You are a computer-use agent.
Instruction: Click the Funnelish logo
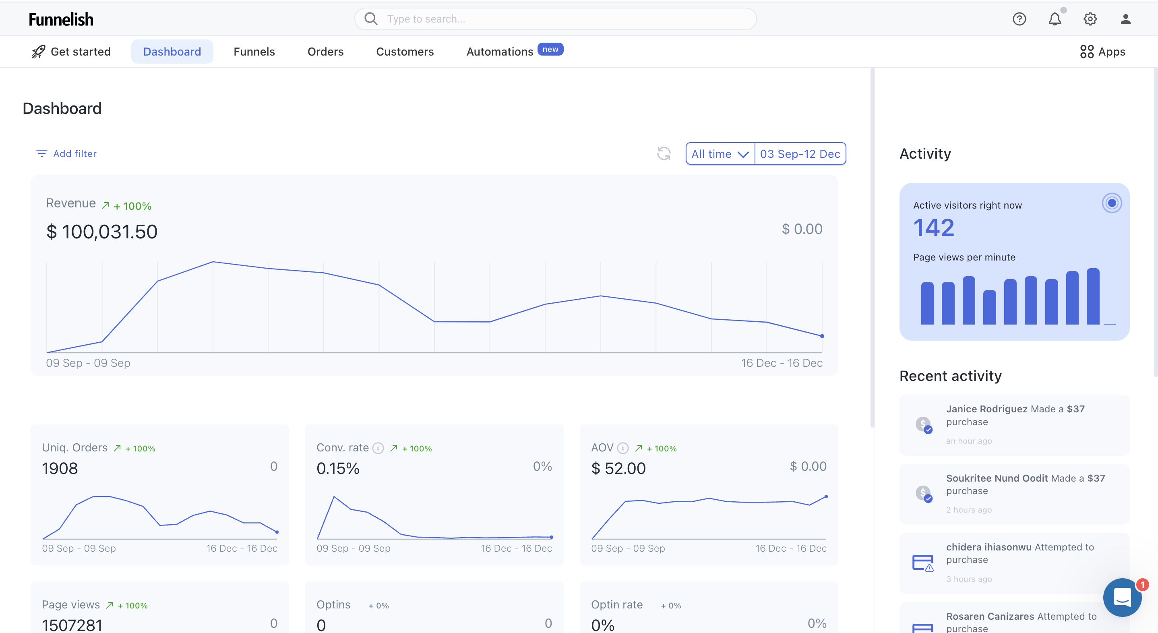pos(61,19)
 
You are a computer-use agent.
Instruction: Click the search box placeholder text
pos(426,19)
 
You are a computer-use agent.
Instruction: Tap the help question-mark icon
pos(1019,19)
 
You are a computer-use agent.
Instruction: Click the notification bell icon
pos(1055,19)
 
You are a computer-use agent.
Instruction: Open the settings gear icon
pos(1090,19)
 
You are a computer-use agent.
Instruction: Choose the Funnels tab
pos(254,52)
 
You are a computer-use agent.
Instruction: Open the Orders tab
pos(325,52)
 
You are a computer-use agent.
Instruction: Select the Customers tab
pos(405,52)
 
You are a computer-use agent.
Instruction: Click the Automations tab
pos(500,52)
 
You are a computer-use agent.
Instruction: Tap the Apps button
pos(1103,52)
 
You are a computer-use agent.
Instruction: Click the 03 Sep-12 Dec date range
pos(800,154)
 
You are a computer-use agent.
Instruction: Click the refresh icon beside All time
pos(664,154)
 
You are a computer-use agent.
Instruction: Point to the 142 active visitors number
pos(934,228)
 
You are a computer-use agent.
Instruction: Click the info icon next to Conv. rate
pos(378,448)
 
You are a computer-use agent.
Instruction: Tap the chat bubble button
pos(1122,597)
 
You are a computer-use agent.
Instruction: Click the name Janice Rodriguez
pos(987,409)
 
